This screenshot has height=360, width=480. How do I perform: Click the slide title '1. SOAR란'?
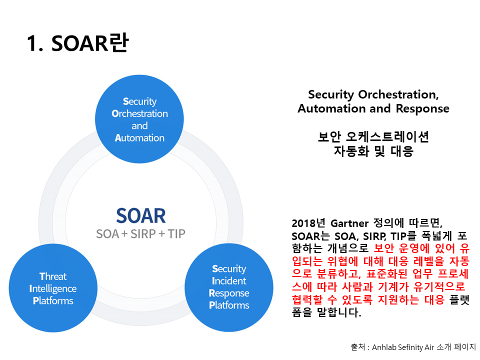[x=77, y=44]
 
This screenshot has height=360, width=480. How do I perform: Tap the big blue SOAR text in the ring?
[x=140, y=215]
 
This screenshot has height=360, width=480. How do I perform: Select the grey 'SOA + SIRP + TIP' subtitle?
[x=140, y=233]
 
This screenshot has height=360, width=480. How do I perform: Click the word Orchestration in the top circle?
[x=139, y=113]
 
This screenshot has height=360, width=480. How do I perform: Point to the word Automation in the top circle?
[x=139, y=138]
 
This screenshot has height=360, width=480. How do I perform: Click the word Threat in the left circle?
[x=52, y=276]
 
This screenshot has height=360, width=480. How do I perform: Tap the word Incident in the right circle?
[x=229, y=281]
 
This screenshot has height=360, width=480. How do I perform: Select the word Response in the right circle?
[x=229, y=293]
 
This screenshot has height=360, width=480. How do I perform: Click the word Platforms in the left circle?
[x=52, y=300]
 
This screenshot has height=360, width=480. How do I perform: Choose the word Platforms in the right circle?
[x=229, y=305]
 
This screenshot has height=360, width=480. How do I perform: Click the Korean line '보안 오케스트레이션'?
[x=373, y=136]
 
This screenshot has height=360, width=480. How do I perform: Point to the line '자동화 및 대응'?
[x=373, y=151]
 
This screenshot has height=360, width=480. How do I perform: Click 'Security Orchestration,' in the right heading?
[x=373, y=94]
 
